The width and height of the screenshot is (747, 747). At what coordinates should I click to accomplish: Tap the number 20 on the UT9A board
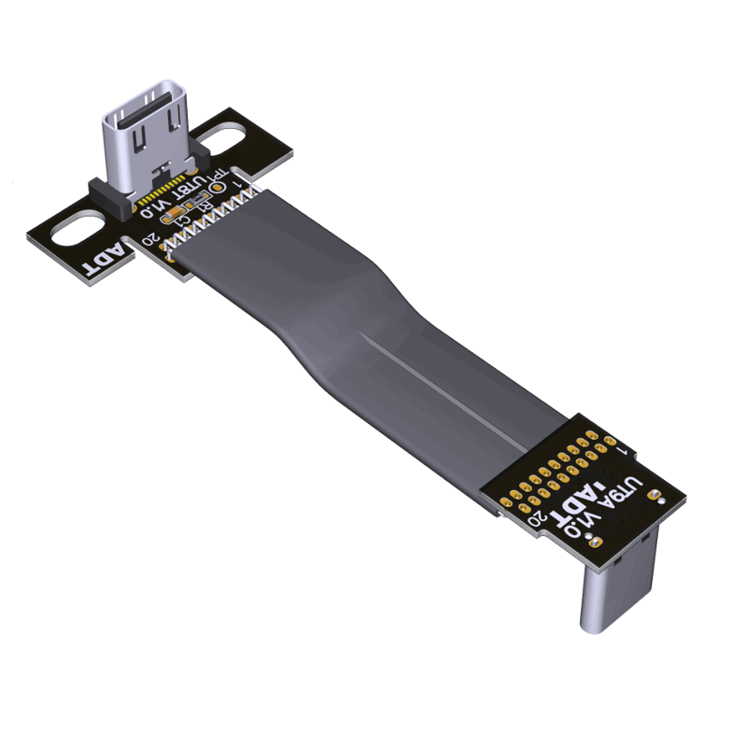coord(539,523)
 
